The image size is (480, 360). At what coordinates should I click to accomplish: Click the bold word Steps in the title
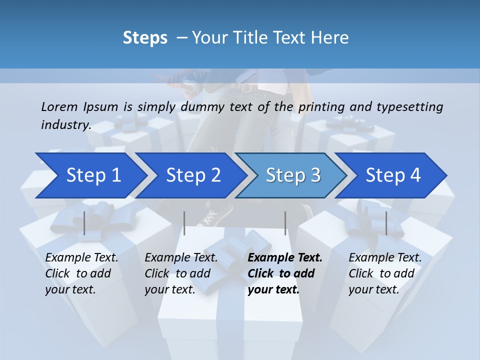pyautogui.click(x=145, y=38)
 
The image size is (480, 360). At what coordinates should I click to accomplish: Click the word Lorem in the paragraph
pyautogui.click(x=58, y=106)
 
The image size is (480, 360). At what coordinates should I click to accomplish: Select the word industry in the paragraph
pyautogui.click(x=65, y=125)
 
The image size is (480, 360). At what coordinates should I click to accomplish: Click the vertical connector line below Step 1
pyautogui.click(x=84, y=223)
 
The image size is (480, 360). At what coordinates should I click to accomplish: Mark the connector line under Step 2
pyautogui.click(x=184, y=223)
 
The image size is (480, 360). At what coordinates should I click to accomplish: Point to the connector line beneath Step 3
pyautogui.click(x=285, y=223)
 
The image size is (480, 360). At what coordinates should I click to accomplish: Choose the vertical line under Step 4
pyautogui.click(x=386, y=223)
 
